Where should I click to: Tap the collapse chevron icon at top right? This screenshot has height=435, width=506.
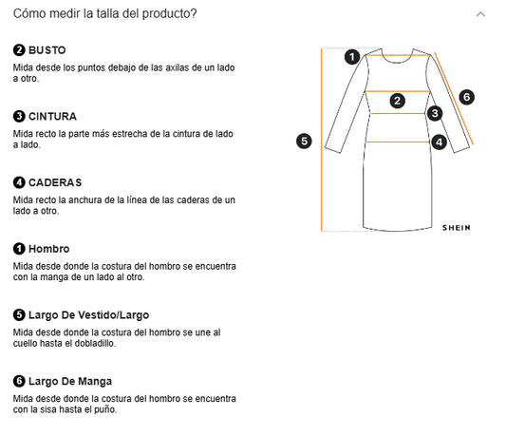pos(480,14)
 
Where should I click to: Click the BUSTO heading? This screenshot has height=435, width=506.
pos(47,49)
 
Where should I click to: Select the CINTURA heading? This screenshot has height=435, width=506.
pos(52,116)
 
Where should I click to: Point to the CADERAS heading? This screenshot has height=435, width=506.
pos(54,182)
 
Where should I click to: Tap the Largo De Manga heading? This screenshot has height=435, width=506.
pos(70,381)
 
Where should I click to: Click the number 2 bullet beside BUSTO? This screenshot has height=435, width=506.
pos(19,49)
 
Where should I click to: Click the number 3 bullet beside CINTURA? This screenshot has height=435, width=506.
pos(19,116)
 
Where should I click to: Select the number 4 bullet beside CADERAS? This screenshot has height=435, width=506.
pos(19,182)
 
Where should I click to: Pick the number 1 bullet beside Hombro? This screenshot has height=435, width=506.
pos(19,249)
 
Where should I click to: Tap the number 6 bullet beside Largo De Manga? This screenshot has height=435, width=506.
pos(19,381)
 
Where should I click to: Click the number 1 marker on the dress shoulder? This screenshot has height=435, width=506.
pos(352,56)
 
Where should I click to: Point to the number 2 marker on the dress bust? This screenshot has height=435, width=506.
pos(398,100)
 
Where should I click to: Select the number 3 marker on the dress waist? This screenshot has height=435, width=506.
pos(435,113)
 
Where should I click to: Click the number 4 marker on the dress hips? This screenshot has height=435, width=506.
pos(439,142)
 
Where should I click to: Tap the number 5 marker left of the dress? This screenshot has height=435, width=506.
pos(304,141)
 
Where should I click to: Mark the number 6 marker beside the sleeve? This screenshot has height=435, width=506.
pos(466,97)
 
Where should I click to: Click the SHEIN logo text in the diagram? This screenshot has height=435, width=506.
pos(456,228)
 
